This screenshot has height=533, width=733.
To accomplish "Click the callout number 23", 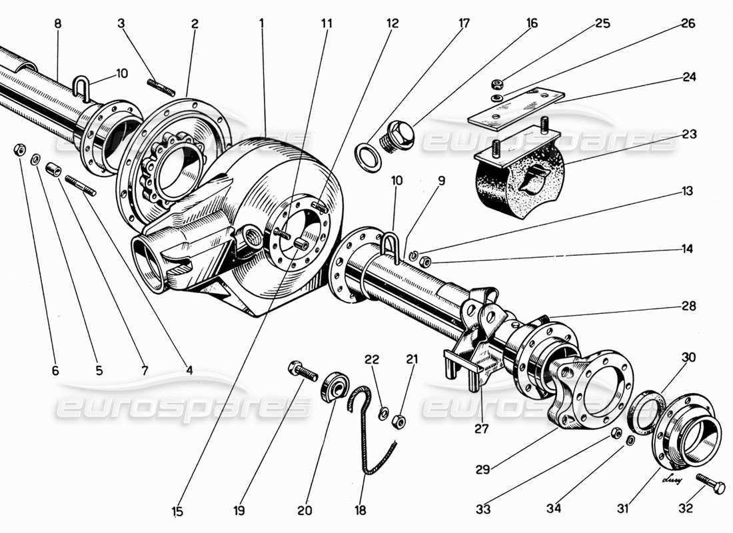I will (688, 134).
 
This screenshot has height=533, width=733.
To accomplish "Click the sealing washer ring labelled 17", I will (366, 157).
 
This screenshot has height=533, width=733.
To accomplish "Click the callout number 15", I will (177, 512).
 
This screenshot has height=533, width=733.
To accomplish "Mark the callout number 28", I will (688, 306).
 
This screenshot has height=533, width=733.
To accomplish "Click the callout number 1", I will (262, 23).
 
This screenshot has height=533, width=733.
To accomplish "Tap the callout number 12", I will (391, 23).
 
